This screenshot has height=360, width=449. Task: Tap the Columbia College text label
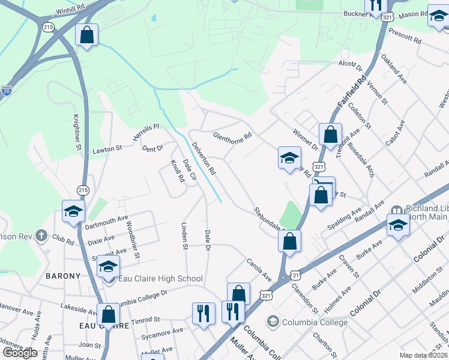[x=316, y=322]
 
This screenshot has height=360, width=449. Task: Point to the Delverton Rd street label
[x=203, y=158]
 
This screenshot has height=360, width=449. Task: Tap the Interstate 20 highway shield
[x=7, y=91]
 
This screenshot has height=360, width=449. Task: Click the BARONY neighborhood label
[x=63, y=276]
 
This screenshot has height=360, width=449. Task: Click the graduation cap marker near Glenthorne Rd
[x=289, y=159]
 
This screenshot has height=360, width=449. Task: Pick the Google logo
[x=20, y=353]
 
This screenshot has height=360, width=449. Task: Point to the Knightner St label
[x=77, y=132]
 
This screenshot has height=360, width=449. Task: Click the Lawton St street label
[x=107, y=148]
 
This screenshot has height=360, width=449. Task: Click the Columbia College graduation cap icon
[x=274, y=322]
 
